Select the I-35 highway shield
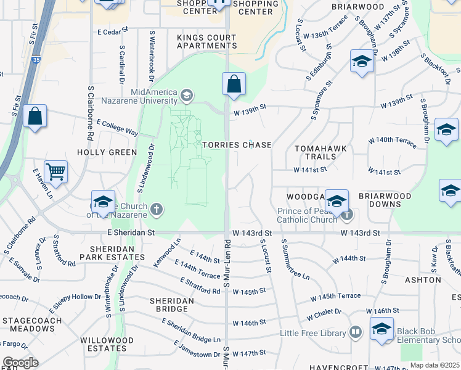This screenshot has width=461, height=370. pos(38,60)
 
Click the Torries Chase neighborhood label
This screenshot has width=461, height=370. pos(237,145)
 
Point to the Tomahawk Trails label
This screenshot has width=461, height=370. pos(320,152)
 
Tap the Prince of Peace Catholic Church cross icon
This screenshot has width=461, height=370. pos(348,215)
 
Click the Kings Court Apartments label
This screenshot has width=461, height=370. pos(206,41)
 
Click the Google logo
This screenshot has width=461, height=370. pos(20,363)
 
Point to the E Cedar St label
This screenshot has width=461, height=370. pos(112,30)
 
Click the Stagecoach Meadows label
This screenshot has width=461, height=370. pos(31,324)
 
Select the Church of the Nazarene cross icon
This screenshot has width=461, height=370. pos(157,209)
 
